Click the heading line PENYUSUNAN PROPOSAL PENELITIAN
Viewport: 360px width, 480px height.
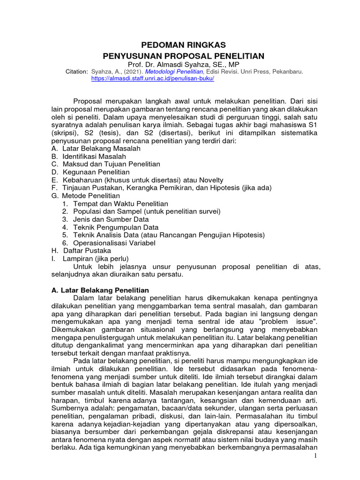(184, 56)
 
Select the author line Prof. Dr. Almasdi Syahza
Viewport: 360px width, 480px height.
(184, 64)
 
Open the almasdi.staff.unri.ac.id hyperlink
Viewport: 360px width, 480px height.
(152, 79)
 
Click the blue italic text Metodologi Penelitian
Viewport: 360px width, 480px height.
(174, 72)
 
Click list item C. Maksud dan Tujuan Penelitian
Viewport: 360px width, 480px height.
(106, 164)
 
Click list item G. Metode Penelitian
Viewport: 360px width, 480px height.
(86, 195)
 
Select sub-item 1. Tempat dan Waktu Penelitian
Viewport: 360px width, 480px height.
(115, 203)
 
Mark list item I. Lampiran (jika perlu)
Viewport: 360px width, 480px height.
(90, 259)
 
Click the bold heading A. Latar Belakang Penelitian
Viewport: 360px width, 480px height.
(100, 291)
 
